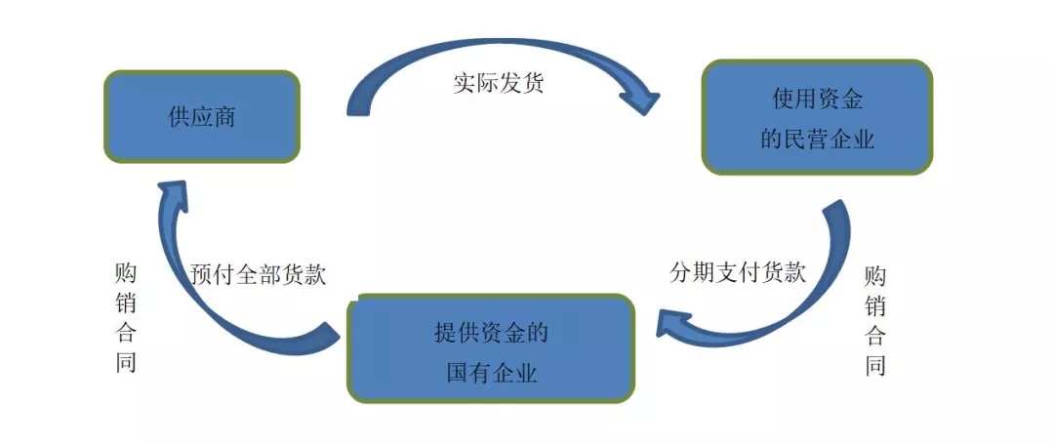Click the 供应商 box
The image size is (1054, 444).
[201, 117]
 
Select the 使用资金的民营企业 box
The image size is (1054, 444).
[817, 118]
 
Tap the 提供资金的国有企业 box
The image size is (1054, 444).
[491, 349]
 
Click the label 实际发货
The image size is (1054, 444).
[498, 82]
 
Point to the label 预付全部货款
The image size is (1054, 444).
[259, 274]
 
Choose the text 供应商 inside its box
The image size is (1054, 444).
[202, 118]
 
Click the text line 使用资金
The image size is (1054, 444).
[817, 99]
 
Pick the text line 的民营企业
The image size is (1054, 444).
[817, 140]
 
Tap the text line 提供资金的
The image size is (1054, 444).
[491, 333]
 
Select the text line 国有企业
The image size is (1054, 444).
[491, 373]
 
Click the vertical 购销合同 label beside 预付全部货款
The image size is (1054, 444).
[125, 318]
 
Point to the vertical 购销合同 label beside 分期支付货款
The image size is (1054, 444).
[875, 322]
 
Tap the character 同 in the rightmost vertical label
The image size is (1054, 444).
[875, 368]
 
